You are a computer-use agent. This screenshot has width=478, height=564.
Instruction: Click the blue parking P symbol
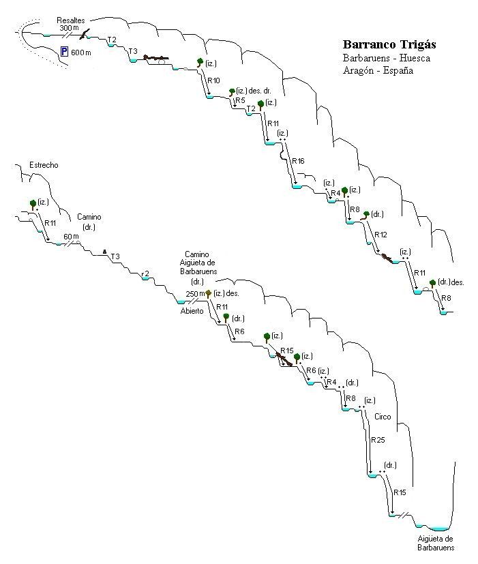pyautogui.click(x=64, y=52)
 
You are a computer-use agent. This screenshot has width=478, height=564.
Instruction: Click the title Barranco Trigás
pyautogui.click(x=389, y=44)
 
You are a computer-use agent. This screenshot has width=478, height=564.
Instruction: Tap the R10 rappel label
pyautogui.click(x=213, y=80)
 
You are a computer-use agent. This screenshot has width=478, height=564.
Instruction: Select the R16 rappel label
pyautogui.click(x=298, y=161)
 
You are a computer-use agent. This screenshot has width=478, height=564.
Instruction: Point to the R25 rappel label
pyautogui.click(x=378, y=440)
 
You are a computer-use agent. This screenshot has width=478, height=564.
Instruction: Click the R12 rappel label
pyautogui.click(x=380, y=235)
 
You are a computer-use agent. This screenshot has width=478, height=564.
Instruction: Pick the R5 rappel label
pyautogui.click(x=240, y=100)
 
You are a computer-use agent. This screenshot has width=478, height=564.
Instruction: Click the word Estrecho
pyautogui.click(x=44, y=165)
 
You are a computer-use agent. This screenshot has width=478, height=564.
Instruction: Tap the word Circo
pyautogui.click(x=383, y=417)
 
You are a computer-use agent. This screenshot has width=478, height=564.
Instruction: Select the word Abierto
pyautogui.click(x=192, y=311)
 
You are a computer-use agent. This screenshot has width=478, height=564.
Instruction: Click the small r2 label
pyautogui.click(x=145, y=274)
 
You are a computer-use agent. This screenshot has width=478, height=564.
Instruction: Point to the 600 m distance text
pyautogui.click(x=81, y=53)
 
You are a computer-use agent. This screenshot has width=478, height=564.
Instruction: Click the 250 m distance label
pyautogui.click(x=195, y=294)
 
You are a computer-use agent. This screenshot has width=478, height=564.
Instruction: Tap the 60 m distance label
pyautogui.click(x=71, y=237)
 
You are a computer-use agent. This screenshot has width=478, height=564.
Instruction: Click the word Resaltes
pyautogui.click(x=71, y=20)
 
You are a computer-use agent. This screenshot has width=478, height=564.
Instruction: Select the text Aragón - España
pyautogui.click(x=378, y=70)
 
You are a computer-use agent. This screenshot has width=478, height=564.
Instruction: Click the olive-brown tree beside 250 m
pyautogui.click(x=208, y=294)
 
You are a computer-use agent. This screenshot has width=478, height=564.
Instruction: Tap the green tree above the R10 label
pyautogui.click(x=200, y=63)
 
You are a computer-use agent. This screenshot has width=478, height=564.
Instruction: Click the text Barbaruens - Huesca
pyautogui.click(x=387, y=58)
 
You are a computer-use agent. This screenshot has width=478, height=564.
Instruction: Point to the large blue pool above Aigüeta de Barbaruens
pyautogui.click(x=440, y=529)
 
